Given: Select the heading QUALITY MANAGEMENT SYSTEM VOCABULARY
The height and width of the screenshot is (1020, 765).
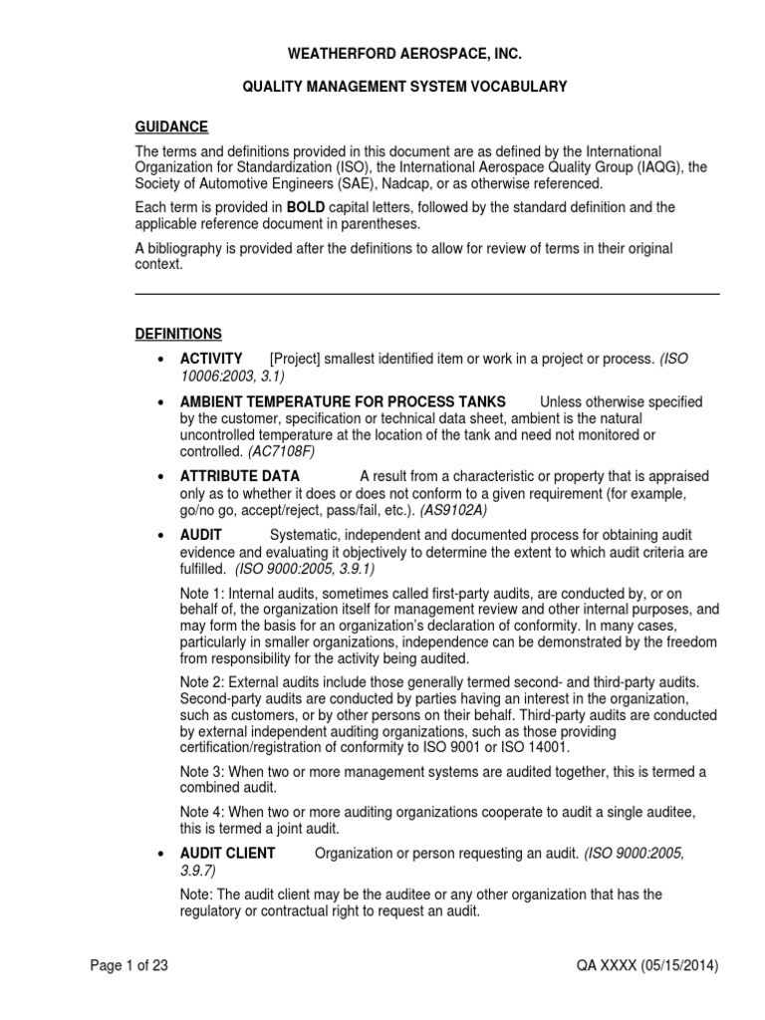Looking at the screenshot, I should point(405,88).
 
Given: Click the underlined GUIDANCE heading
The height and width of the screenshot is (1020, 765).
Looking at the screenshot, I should point(171,127).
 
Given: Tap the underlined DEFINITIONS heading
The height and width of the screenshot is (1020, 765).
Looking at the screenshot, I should point(178,334).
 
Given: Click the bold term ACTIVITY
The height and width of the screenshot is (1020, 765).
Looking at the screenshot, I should point(210,359).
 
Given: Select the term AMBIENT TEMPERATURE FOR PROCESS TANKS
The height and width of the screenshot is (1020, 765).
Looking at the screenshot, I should point(342,402).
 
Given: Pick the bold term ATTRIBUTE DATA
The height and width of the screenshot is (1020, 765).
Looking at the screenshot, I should point(239,476).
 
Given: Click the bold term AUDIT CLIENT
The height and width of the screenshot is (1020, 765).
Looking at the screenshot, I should point(227,853).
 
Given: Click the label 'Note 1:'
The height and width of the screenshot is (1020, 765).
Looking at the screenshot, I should point(202,594).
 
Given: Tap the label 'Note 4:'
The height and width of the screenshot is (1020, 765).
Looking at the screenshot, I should point(202,811).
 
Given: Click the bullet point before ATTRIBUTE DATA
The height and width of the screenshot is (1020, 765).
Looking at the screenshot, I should point(160,477).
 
